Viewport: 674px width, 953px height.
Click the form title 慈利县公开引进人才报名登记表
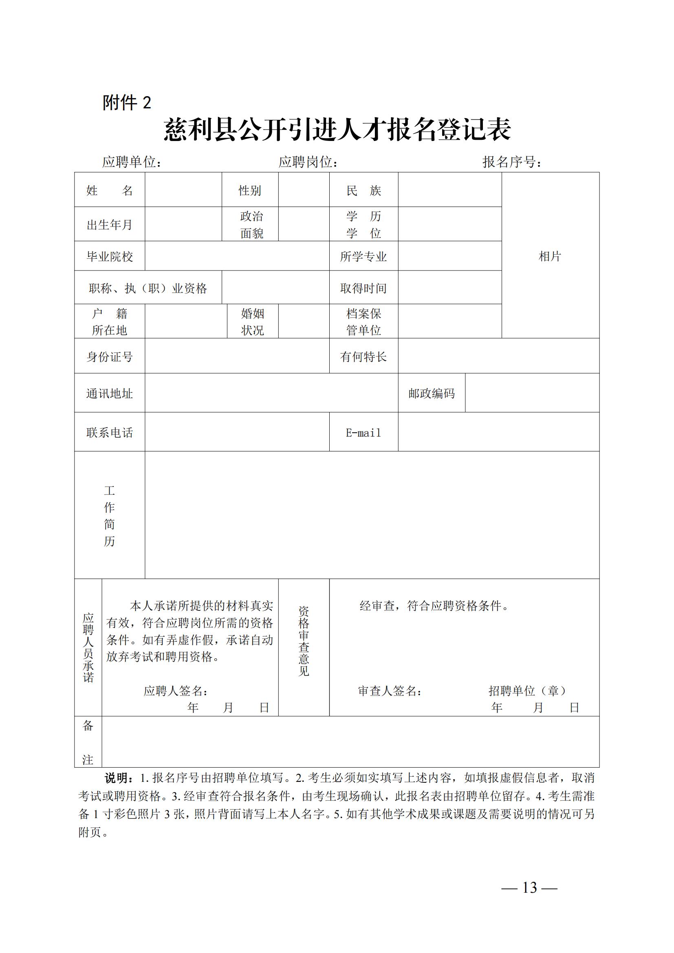[x=337, y=130]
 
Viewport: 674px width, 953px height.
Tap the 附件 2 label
[x=127, y=103]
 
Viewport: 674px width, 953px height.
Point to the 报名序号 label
[x=511, y=162]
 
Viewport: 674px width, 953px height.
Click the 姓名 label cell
[x=110, y=191]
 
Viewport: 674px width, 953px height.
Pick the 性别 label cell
[x=250, y=191]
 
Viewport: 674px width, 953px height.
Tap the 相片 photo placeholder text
[x=550, y=256]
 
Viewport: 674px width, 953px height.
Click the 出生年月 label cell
[x=110, y=224]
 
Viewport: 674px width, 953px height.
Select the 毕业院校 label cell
[x=110, y=256]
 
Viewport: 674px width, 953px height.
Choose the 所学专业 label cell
[x=363, y=256]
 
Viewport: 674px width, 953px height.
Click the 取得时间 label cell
[x=363, y=288]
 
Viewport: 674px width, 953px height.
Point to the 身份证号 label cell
[x=110, y=356]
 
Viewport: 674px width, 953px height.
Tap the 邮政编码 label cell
[x=432, y=393]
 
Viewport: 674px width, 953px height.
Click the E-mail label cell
[x=363, y=433]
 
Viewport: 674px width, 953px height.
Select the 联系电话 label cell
[x=110, y=433]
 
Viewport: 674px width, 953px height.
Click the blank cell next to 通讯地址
[x=271, y=393]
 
